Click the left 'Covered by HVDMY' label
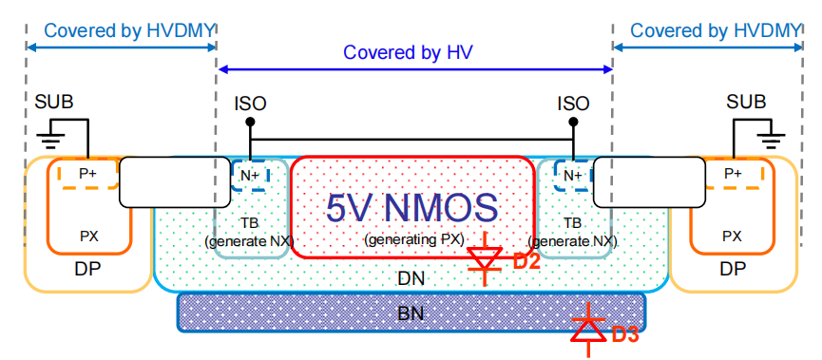coord(121,30)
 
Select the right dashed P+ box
coord(734,174)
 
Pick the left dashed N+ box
coord(251,176)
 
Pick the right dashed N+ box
coord(572,176)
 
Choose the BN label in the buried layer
coord(411,313)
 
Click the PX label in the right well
coord(732,236)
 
